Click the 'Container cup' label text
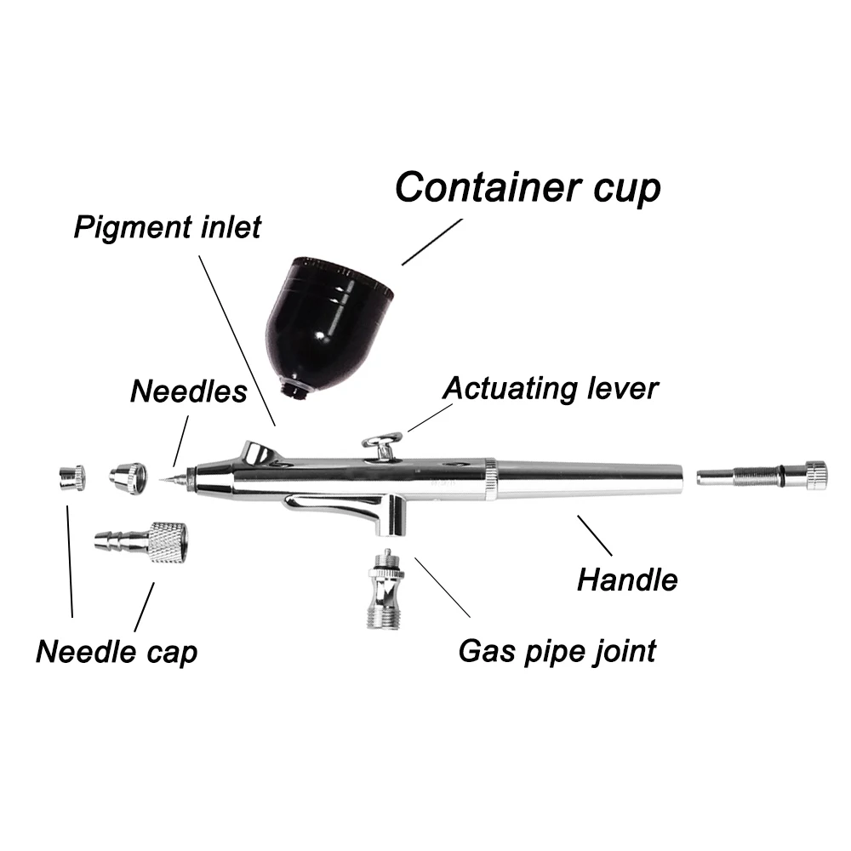point(528,186)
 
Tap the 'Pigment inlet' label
point(167,228)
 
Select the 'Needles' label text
point(188,391)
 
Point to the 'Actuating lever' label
point(551,388)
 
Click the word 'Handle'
point(627,580)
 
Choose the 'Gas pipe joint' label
point(557,651)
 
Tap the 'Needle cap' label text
point(117,653)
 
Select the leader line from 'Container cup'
point(431,242)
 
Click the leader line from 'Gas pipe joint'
point(442,587)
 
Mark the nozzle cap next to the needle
point(128,477)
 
